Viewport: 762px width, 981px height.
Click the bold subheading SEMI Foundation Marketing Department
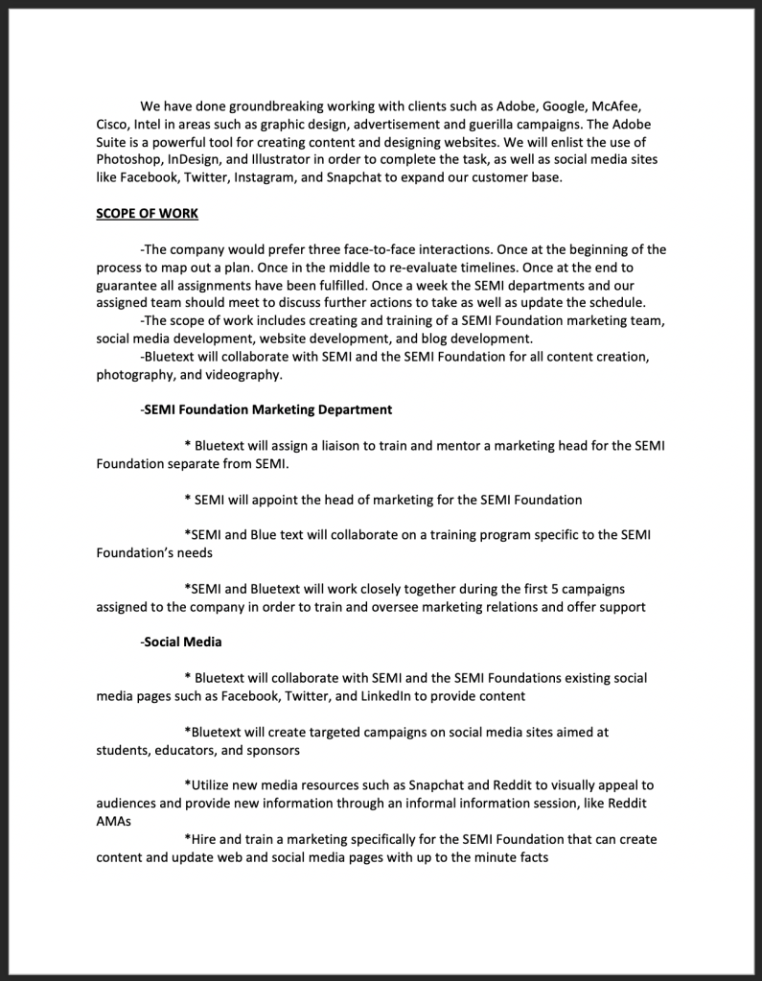point(267,409)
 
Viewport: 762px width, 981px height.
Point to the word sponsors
point(273,750)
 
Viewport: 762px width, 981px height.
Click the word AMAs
point(113,822)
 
